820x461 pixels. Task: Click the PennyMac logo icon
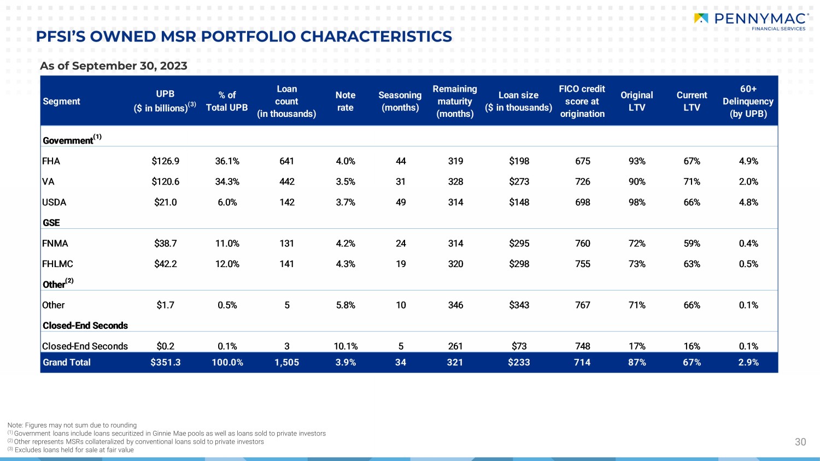(x=701, y=18)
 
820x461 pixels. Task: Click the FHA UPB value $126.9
(x=166, y=161)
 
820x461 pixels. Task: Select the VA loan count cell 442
(x=287, y=182)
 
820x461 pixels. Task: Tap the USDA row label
(x=54, y=202)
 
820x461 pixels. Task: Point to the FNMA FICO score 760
(x=582, y=243)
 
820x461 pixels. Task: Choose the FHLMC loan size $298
(x=519, y=264)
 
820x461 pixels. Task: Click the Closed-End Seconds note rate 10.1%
(x=345, y=346)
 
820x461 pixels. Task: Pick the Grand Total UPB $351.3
(x=166, y=362)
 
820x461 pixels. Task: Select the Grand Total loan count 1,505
(x=286, y=362)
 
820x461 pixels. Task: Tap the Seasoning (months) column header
(x=400, y=102)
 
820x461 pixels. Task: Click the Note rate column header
(x=345, y=102)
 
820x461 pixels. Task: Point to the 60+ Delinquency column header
(x=748, y=102)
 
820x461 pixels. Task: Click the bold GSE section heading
(x=51, y=223)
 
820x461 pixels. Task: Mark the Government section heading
(x=72, y=139)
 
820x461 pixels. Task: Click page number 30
(x=801, y=442)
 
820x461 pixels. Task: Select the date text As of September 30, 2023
(x=114, y=66)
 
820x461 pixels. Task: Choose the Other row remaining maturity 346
(x=455, y=305)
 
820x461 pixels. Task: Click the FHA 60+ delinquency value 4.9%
(x=748, y=161)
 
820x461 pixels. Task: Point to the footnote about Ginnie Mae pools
(x=167, y=434)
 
